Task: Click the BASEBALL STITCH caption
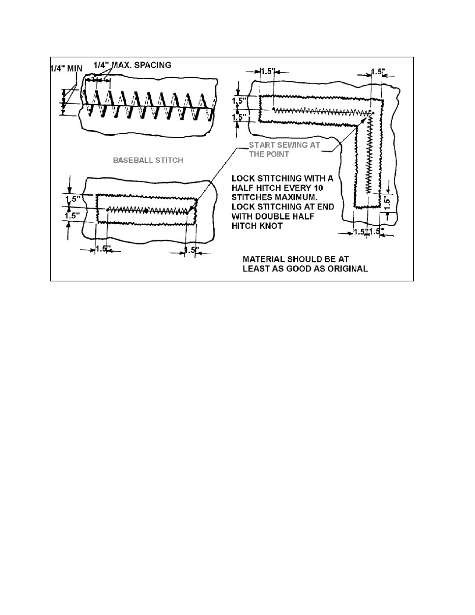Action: (x=148, y=160)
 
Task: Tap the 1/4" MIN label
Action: (x=66, y=68)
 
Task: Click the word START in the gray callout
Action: (x=262, y=145)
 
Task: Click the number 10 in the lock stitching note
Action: (x=318, y=188)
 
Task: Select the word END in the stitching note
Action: (x=326, y=207)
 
